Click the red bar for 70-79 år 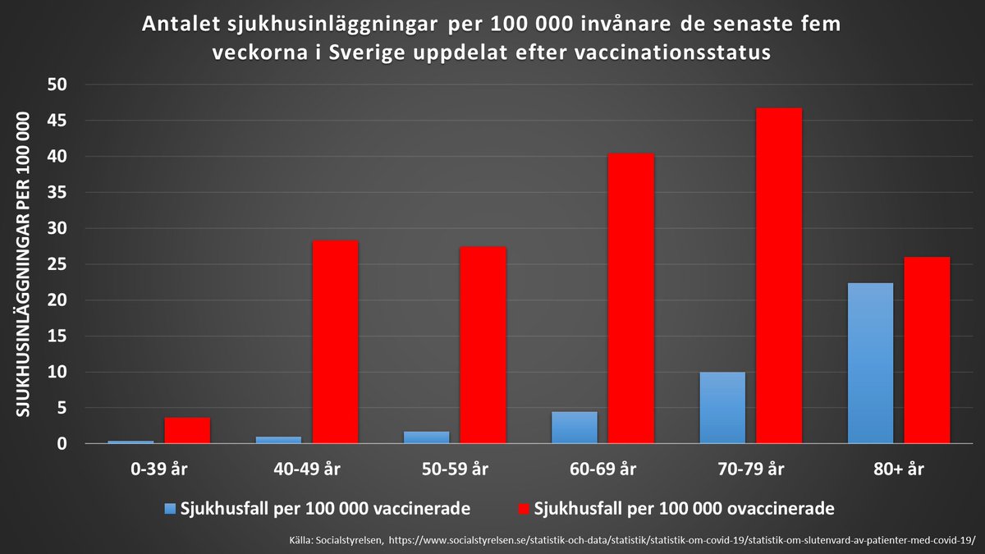point(779,276)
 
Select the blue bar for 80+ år point(870,364)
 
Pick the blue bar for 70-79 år point(722,408)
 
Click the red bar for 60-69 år point(630,299)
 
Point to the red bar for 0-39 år point(187,431)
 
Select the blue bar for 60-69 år point(574,428)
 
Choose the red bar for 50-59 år point(483,346)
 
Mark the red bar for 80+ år point(927,350)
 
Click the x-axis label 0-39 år point(159,469)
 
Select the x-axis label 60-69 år point(602,469)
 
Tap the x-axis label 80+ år point(898,469)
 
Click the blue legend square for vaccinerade point(170,509)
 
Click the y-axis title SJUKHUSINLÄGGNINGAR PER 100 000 point(23,264)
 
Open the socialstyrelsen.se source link point(681,539)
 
